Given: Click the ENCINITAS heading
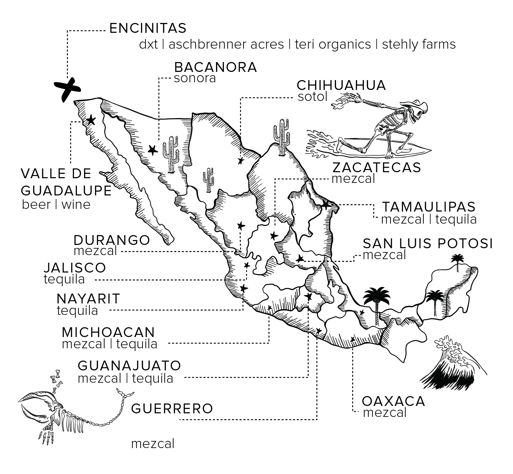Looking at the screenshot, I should tap(148, 28).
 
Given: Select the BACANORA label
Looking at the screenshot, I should tap(215, 67).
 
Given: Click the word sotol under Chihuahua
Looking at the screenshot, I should tap(312, 97).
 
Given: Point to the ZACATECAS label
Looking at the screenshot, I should tap(376, 168).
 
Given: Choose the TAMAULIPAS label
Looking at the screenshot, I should tap(429, 207).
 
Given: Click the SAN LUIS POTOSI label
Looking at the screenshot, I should tap(428, 243).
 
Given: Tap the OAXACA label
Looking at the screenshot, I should tap(393, 401).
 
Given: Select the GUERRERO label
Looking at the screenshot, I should tap(172, 409).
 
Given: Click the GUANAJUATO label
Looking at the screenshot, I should tap(129, 365).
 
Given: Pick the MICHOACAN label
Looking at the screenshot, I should tap(108, 332).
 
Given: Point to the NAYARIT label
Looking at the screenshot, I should tap(88, 299).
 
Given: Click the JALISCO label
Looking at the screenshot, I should tap(75, 268).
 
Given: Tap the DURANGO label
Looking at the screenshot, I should tap(112, 240).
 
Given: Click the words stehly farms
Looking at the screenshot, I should tap(419, 45).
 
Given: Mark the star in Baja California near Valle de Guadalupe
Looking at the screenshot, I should tap(91, 120).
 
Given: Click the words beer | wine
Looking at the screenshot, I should tap(56, 204).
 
